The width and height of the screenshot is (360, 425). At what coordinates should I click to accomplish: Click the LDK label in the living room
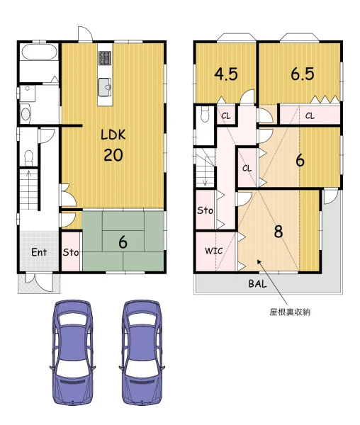(113, 135)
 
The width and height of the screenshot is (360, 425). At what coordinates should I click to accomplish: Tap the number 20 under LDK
(113, 155)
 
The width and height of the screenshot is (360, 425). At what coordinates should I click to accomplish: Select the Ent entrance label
(39, 252)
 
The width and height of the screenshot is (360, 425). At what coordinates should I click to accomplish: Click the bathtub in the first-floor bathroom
(39, 52)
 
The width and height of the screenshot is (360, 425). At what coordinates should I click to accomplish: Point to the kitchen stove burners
(105, 58)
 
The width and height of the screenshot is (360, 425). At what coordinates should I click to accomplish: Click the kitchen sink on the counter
(105, 87)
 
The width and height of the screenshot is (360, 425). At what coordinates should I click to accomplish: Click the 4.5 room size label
(226, 74)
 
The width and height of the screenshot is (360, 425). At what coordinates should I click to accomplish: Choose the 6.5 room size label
(303, 74)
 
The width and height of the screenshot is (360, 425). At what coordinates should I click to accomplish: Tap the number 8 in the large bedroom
(279, 232)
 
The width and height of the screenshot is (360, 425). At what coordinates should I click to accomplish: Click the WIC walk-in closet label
(213, 251)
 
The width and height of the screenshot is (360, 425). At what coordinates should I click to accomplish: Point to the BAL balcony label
(257, 284)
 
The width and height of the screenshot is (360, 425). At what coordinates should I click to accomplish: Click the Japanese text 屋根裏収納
(290, 312)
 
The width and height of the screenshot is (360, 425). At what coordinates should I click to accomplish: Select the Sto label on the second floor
(205, 210)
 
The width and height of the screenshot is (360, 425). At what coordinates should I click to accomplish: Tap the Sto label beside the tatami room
(71, 252)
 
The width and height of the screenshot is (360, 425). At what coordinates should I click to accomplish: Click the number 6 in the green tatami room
(123, 242)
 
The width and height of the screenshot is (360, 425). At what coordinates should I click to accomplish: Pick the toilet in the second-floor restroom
(206, 114)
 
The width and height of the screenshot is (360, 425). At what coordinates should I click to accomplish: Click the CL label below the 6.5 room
(310, 116)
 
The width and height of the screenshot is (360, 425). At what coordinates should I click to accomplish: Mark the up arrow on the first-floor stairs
(29, 188)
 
